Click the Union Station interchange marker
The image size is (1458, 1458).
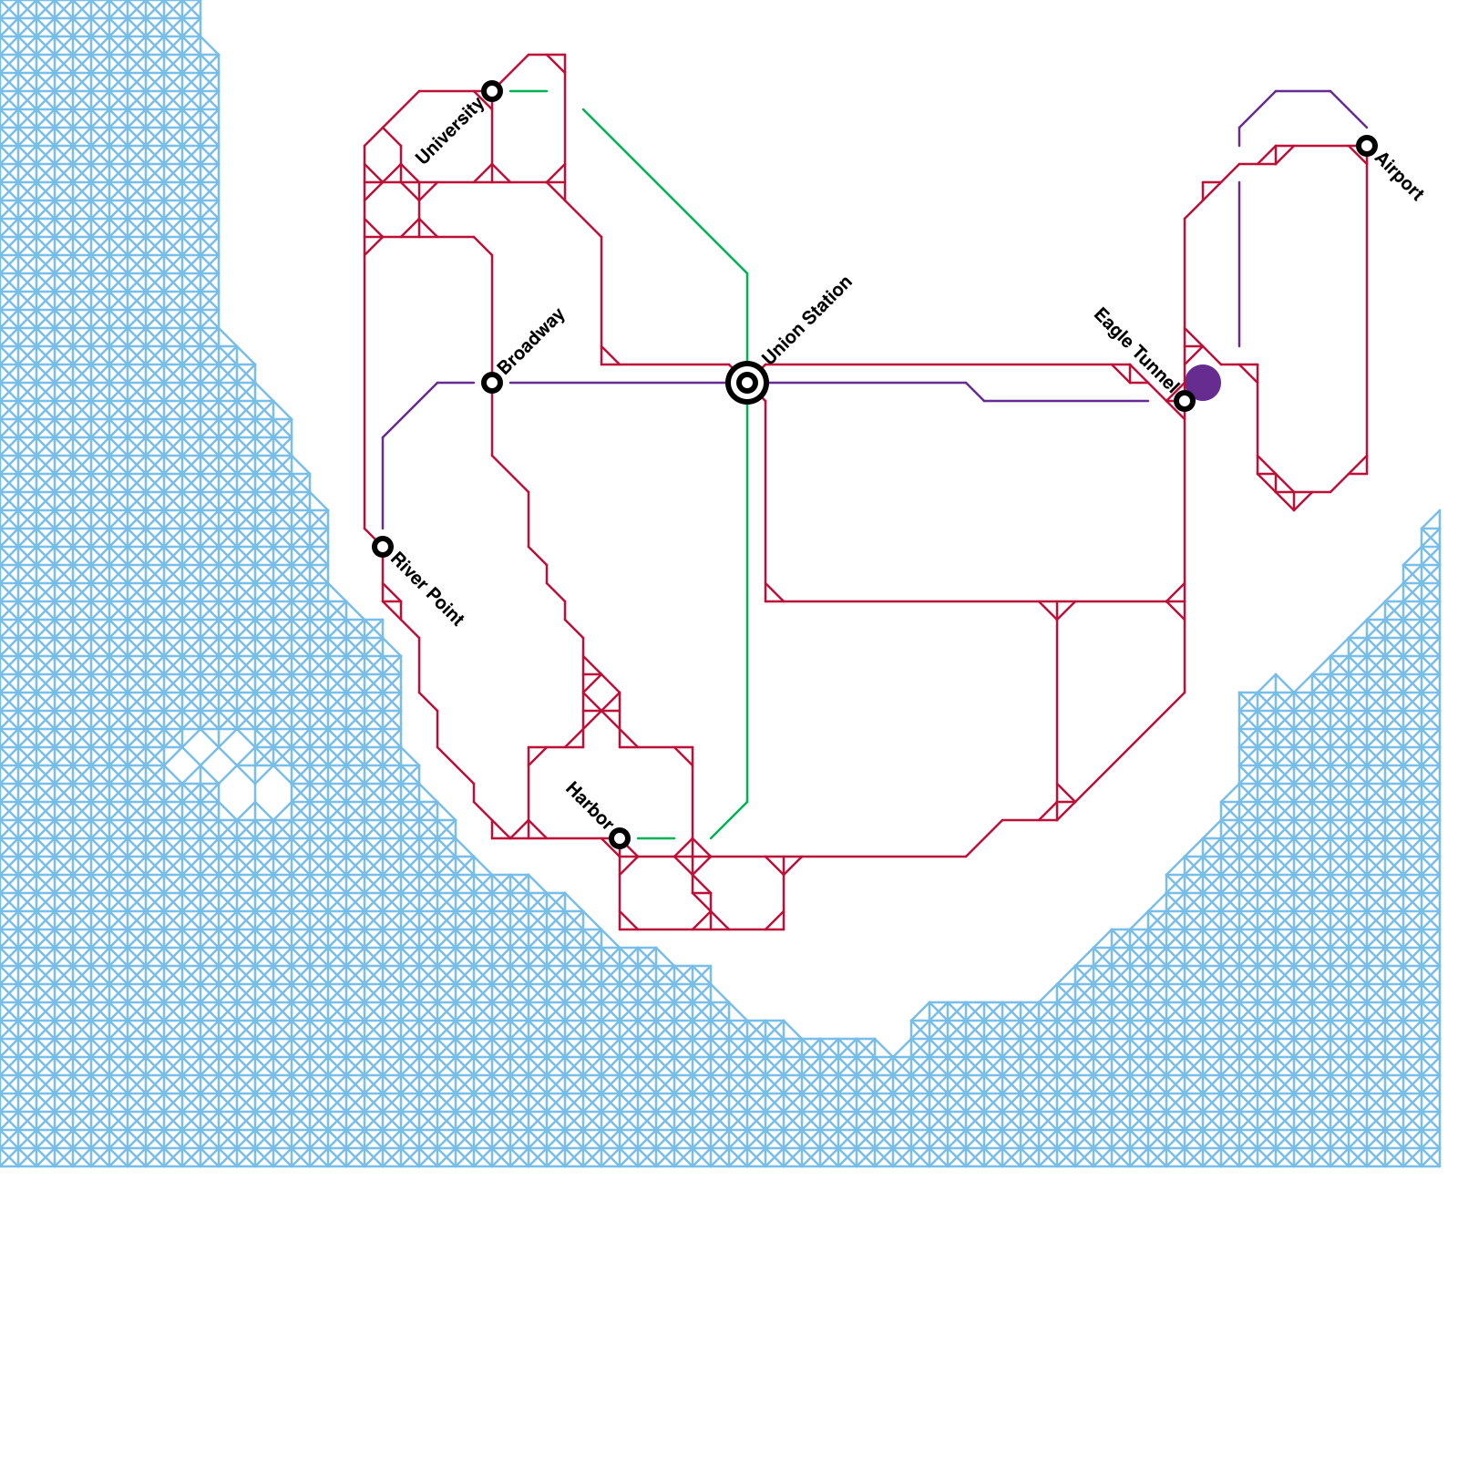(747, 383)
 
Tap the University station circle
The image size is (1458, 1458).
(492, 91)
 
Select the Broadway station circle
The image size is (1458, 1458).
(492, 383)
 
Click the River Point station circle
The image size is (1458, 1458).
(383, 547)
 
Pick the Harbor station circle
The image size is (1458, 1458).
(620, 838)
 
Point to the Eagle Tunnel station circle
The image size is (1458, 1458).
(1185, 401)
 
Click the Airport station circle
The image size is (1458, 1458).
(1367, 146)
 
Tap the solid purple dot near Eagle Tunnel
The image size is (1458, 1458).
(1203, 383)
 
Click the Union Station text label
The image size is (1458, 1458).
(807, 320)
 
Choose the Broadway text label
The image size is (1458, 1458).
(532, 341)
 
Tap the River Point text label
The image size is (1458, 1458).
(427, 589)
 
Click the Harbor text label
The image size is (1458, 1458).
(588, 805)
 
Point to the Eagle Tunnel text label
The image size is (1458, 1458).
(1134, 350)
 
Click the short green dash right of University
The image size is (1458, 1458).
(529, 91)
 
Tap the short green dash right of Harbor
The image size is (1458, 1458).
(656, 838)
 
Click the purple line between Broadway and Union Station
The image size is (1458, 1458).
(620, 383)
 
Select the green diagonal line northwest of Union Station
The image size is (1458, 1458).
(665, 191)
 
